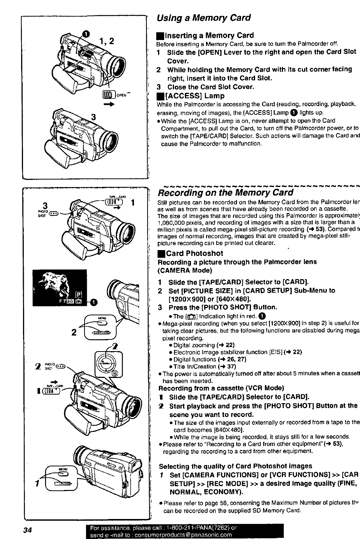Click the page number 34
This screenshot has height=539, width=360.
[26, 530]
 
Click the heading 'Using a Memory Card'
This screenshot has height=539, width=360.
[204, 18]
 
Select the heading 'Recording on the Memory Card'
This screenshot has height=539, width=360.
[225, 193]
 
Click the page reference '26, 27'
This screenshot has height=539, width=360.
[236, 359]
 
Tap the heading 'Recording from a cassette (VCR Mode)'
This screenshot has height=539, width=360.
[221, 388]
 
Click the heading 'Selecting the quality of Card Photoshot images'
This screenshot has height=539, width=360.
[235, 466]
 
